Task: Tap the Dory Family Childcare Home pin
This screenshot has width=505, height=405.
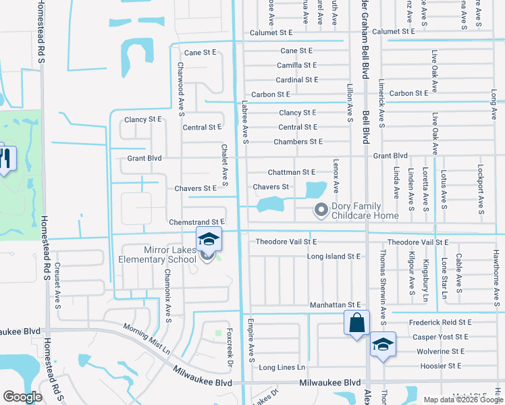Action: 321,211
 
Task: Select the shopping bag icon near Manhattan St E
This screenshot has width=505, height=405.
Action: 356,322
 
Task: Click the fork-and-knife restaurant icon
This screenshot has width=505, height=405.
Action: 5,159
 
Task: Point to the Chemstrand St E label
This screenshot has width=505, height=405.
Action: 196,222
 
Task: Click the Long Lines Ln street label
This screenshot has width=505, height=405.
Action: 282,368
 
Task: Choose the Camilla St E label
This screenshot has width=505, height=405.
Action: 297,65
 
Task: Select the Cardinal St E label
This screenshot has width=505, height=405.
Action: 297,80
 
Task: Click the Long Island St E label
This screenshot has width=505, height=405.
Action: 334,256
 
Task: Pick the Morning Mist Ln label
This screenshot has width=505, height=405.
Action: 147,338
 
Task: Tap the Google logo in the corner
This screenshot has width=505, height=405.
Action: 22,397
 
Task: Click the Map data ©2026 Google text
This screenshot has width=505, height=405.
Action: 462,400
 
